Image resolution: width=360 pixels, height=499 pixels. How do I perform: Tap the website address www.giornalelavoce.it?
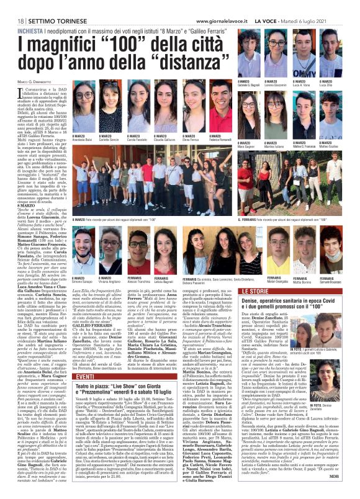pyautogui.click(x=251, y=5)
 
